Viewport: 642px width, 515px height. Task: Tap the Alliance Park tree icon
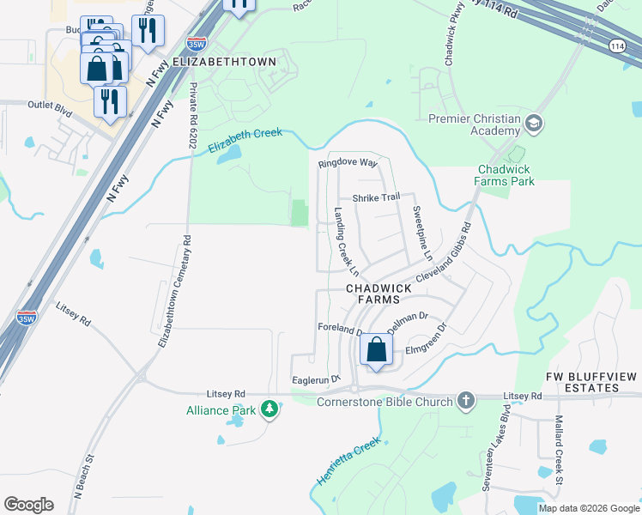271,409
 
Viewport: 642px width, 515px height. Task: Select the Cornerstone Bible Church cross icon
466,401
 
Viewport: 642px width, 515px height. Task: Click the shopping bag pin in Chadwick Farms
376,349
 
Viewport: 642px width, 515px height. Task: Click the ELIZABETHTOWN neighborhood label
225,62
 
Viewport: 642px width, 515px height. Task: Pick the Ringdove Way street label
348,162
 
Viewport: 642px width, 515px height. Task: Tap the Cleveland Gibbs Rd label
444,255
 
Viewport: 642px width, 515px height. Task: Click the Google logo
28,504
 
